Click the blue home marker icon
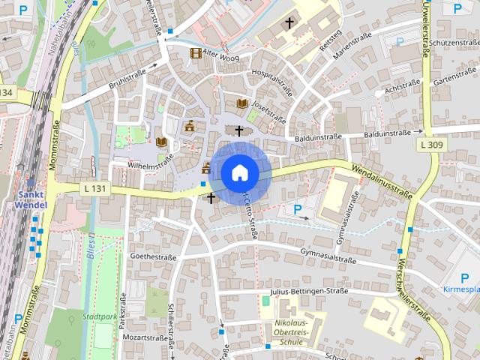[x=239, y=172]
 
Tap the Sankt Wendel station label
[x=30, y=199]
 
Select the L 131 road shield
[x=94, y=188]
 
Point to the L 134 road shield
[x=6, y=91]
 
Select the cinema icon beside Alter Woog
[x=196, y=52]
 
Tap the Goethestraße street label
[x=153, y=256]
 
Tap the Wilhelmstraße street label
[x=151, y=160]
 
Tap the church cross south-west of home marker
[x=211, y=198]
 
